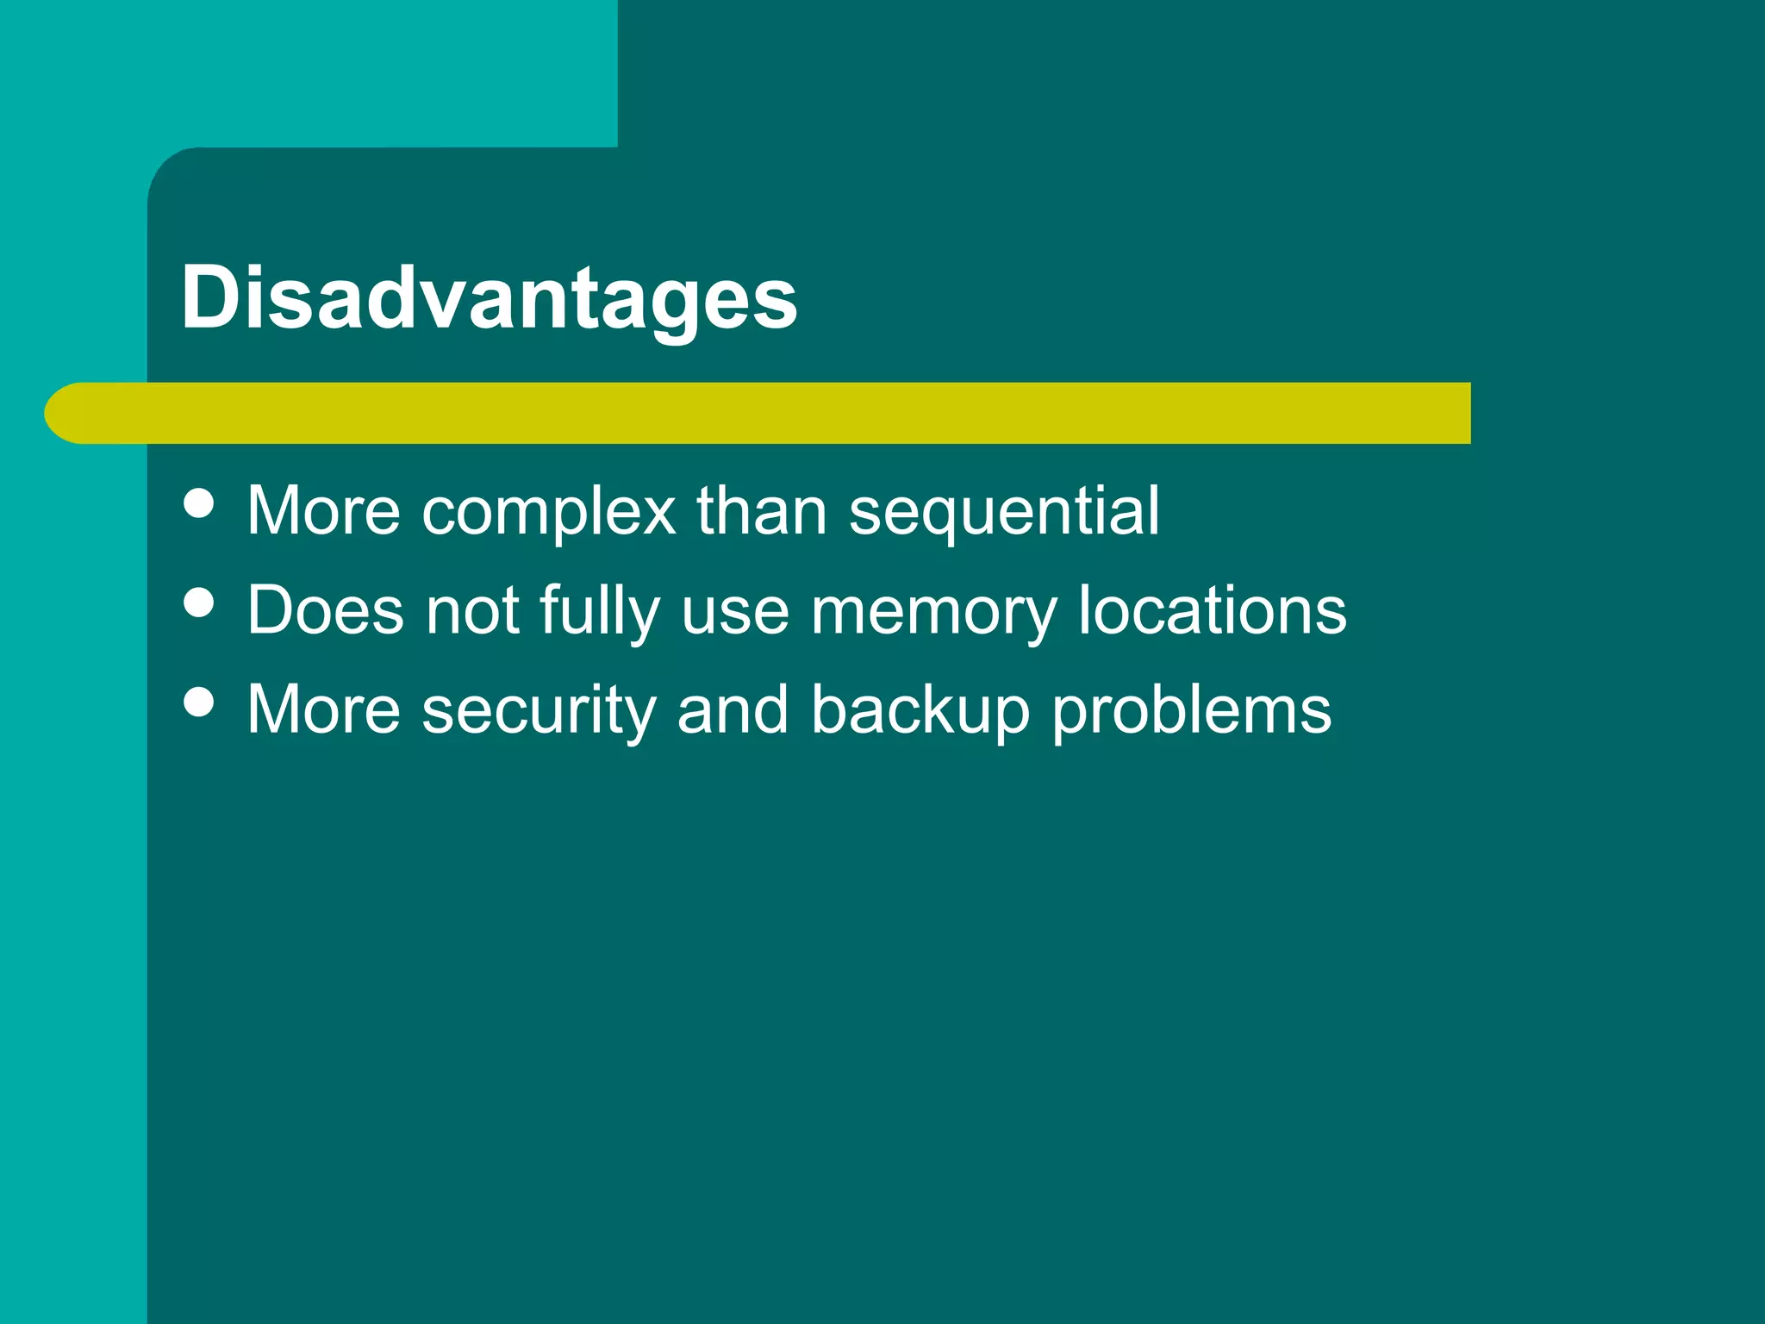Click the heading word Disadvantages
[x=489, y=298]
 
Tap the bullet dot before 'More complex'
[x=199, y=503]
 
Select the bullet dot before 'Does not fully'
[x=199, y=603]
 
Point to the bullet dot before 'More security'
[x=199, y=702]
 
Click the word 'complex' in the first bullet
[x=549, y=512]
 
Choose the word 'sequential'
[x=1004, y=512]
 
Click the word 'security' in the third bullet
[x=539, y=711]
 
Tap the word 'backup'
[x=920, y=711]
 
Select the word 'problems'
[x=1192, y=711]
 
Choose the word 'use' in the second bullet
[x=735, y=612]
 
